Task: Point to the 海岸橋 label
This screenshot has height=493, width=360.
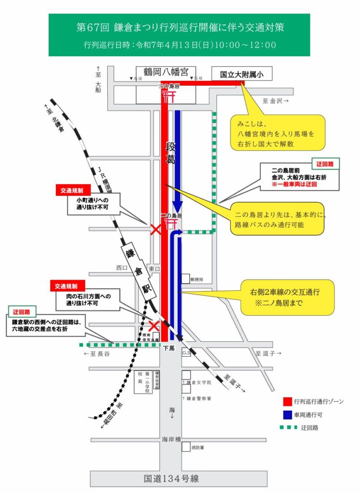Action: pos(171,440)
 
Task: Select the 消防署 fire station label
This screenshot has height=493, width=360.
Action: pos(198,447)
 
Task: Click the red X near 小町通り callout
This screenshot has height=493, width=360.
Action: pos(155,229)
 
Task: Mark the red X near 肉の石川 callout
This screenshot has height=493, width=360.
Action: pos(154,326)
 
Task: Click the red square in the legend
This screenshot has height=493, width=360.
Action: pos(287,401)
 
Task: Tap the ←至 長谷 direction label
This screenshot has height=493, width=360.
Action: pos(97,354)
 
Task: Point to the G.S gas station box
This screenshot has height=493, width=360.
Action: pos(186,353)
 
